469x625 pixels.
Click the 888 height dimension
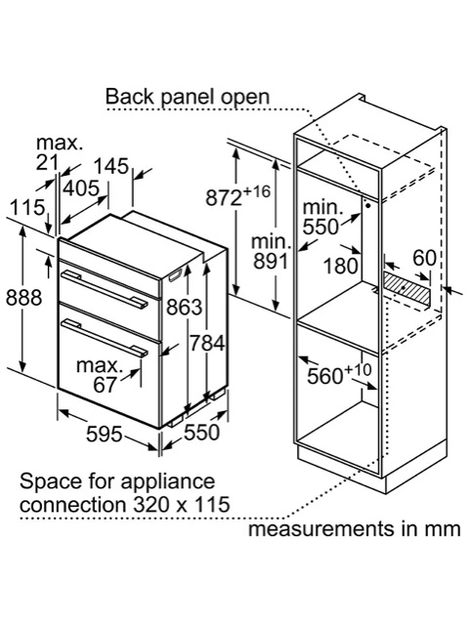pyautogui.click(x=23, y=298)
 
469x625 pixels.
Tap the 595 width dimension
pyautogui.click(x=105, y=434)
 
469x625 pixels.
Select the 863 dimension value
pyautogui.click(x=185, y=307)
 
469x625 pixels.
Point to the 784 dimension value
pyautogui.click(x=207, y=343)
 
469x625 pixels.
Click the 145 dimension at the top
pyautogui.click(x=112, y=166)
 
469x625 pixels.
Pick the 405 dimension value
pyautogui.click(x=81, y=188)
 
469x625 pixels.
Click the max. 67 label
pyautogui.click(x=98, y=375)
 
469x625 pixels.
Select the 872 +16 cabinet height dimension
pyautogui.click(x=237, y=194)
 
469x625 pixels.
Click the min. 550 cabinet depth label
pyautogui.click(x=322, y=217)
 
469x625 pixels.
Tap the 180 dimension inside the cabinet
pyautogui.click(x=341, y=266)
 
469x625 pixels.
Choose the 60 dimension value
pyautogui.click(x=424, y=258)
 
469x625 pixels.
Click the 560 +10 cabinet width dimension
pyautogui.click(x=339, y=374)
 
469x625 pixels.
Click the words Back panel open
pyautogui.click(x=188, y=97)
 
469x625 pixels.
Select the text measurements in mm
pyautogui.click(x=354, y=529)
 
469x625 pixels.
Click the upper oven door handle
pyautogui.click(x=105, y=289)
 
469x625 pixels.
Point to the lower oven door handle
pyautogui.click(x=105, y=337)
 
